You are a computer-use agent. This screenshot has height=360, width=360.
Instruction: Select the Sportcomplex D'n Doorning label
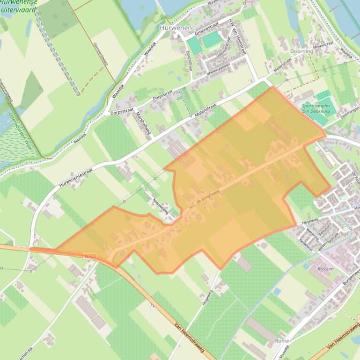(316, 109)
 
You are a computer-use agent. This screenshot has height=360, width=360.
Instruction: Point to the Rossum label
(325, 269)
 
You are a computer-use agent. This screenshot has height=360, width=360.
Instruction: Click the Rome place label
(282, 340)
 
